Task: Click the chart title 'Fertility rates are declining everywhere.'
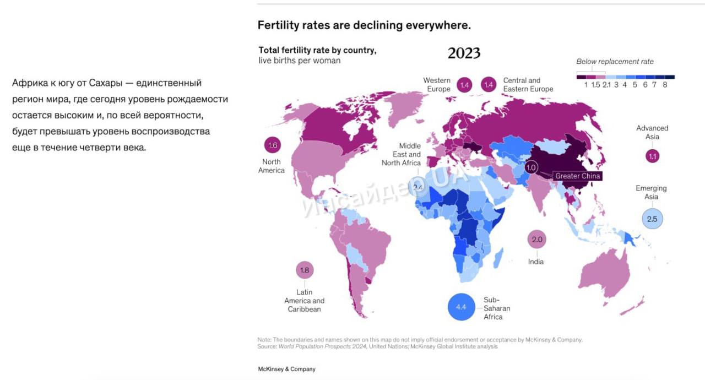click(x=364, y=25)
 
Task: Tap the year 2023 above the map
click(x=464, y=53)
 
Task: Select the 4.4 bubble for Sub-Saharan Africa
click(x=462, y=307)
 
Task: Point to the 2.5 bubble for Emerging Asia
click(x=652, y=219)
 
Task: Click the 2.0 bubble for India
click(x=537, y=240)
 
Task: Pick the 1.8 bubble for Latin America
click(x=305, y=270)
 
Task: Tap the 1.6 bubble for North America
click(x=272, y=145)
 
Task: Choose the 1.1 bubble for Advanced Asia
click(x=653, y=156)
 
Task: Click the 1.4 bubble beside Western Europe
click(x=464, y=85)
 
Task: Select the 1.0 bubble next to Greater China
click(x=531, y=167)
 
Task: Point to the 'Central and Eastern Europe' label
click(x=528, y=85)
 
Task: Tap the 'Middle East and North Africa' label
click(x=402, y=154)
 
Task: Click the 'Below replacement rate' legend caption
click(x=615, y=62)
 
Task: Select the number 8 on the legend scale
click(x=665, y=85)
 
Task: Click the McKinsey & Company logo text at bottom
click(x=286, y=369)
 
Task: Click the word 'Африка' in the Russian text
click(x=27, y=83)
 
